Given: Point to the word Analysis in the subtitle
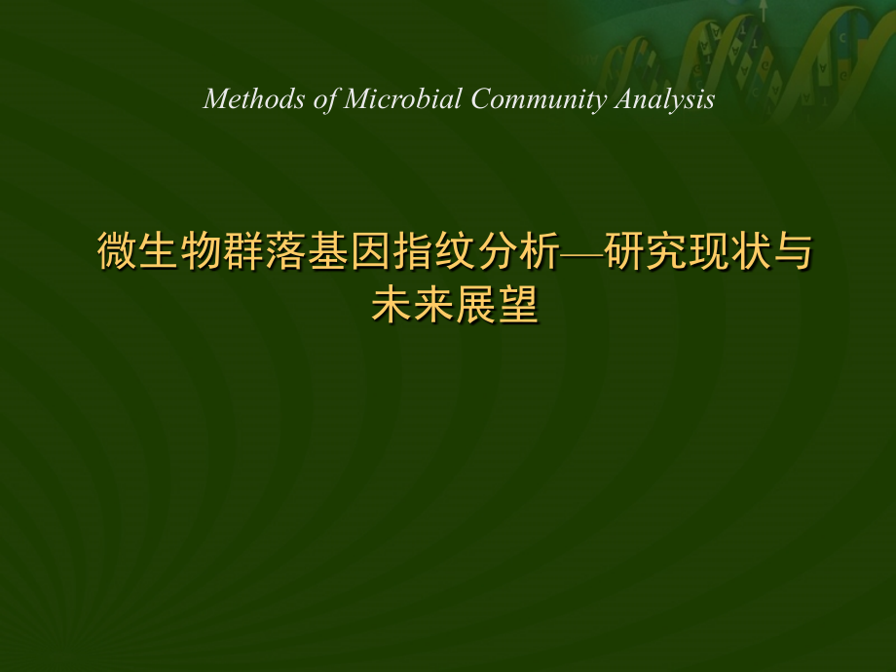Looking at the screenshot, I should pos(666,99).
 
